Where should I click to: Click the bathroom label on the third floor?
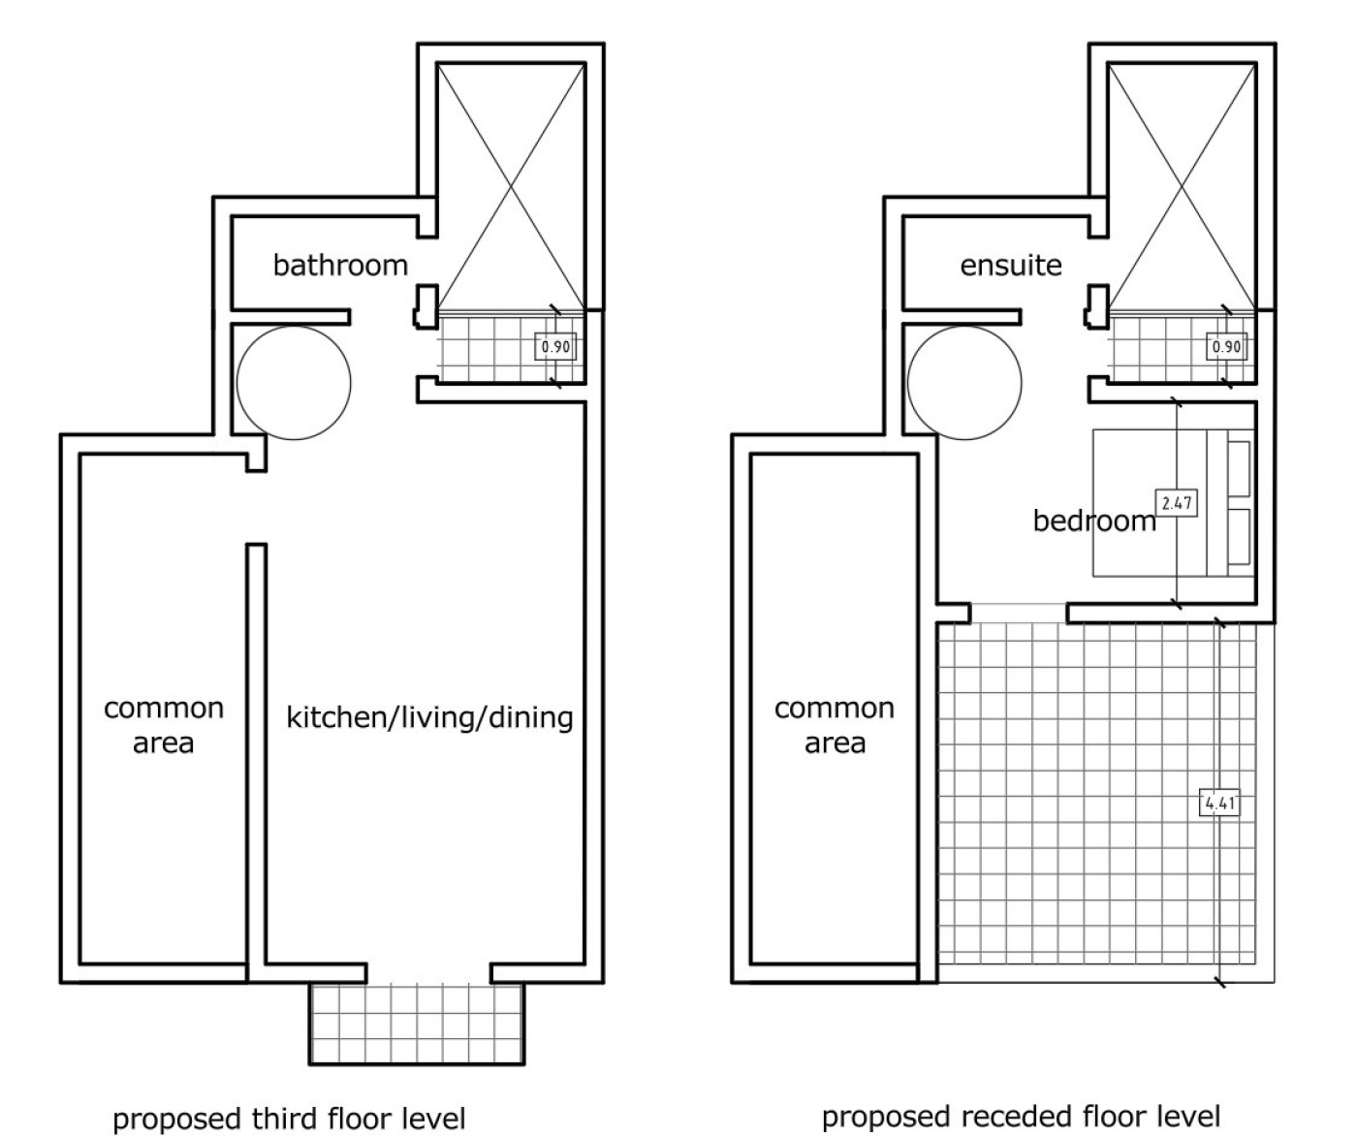click(x=340, y=266)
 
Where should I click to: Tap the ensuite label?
click(x=1011, y=266)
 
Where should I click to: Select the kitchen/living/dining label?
click(x=429, y=717)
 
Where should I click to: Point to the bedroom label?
click(x=1094, y=521)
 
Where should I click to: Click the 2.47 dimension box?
click(x=1177, y=502)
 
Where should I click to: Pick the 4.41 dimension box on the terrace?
click(x=1219, y=803)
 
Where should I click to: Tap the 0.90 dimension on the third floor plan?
click(x=555, y=346)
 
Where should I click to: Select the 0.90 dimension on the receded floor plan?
click(x=1226, y=346)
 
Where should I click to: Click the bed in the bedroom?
click(x=1174, y=502)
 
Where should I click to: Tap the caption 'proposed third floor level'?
click(x=289, y=1119)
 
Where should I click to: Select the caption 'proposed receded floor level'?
click(x=1021, y=1117)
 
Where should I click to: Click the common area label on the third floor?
click(x=164, y=725)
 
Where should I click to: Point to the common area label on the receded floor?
click(x=835, y=725)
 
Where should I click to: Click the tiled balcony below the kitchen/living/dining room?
click(x=417, y=1024)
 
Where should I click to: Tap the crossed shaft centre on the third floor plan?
click(x=511, y=186)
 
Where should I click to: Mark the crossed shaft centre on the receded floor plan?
click(x=1182, y=186)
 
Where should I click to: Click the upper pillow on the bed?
click(x=1240, y=469)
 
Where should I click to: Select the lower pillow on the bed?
click(x=1240, y=537)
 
